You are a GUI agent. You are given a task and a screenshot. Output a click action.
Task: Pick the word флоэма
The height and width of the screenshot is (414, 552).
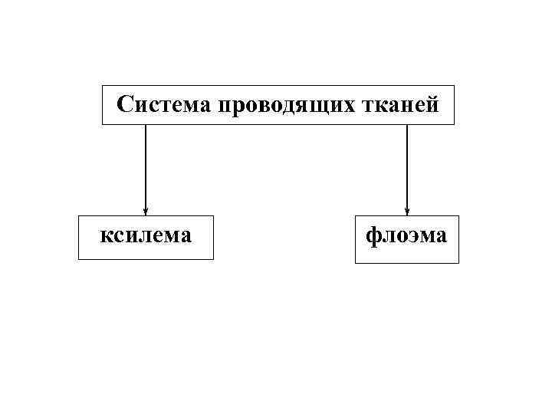coord(406,235)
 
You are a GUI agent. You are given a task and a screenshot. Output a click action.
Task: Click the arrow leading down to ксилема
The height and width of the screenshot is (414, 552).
coord(146,169)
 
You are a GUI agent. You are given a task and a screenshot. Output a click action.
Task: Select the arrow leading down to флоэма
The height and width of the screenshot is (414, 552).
coord(407,169)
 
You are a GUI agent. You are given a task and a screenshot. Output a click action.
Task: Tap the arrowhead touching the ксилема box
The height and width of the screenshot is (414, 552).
coord(146,212)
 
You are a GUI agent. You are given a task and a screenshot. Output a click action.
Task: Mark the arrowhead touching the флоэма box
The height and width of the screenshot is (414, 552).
coord(407,212)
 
